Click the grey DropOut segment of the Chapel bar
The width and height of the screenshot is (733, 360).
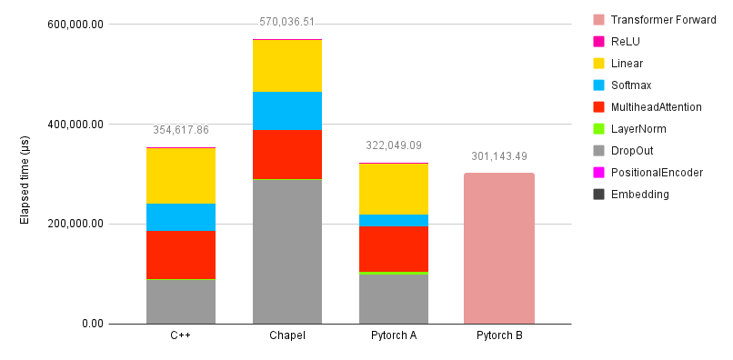[287, 251]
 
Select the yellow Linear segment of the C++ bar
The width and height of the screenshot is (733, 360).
[181, 175]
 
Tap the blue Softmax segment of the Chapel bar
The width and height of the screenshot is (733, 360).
[287, 111]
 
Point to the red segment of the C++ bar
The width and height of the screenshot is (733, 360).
[181, 255]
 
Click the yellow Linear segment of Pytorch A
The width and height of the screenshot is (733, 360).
[394, 188]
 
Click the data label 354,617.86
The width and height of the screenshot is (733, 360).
[181, 130]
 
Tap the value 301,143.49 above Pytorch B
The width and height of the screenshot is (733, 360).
[499, 156]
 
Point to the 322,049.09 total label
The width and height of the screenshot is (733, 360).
[394, 145]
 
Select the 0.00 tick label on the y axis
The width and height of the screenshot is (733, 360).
[92, 325]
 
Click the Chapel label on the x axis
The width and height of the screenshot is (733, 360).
[287, 335]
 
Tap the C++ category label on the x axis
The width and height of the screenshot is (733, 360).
[181, 335]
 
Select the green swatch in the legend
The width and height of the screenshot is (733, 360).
[597, 129]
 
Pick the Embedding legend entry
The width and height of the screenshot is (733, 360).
[640, 195]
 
